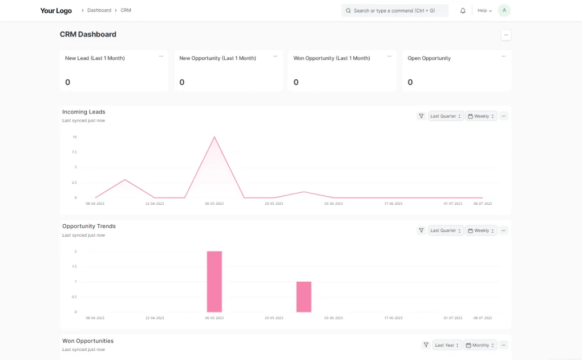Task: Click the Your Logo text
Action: click(56, 11)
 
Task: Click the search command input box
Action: click(394, 11)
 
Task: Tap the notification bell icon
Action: click(463, 11)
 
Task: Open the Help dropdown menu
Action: click(484, 11)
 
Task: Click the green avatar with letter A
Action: click(504, 10)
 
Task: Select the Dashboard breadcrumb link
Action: click(99, 10)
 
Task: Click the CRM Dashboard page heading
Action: click(88, 34)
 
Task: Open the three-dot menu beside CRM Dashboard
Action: click(506, 35)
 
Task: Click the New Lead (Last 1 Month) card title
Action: click(95, 58)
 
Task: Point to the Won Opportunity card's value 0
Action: click(296, 82)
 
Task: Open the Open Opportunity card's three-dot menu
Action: click(503, 56)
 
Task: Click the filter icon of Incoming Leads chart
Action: click(421, 116)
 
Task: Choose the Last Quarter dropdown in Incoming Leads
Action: click(446, 116)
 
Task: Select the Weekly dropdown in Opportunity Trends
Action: click(481, 230)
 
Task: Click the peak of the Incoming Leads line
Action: click(214, 137)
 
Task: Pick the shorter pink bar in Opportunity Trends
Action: click(304, 297)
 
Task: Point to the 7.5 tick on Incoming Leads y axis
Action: click(74, 152)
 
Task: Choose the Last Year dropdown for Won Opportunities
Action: click(447, 345)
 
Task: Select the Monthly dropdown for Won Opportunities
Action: click(480, 345)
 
